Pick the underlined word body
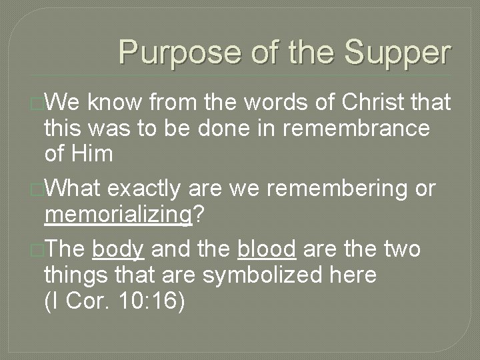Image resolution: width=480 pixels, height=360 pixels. pos(118,249)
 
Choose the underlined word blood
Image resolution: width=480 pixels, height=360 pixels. pos(267,249)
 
